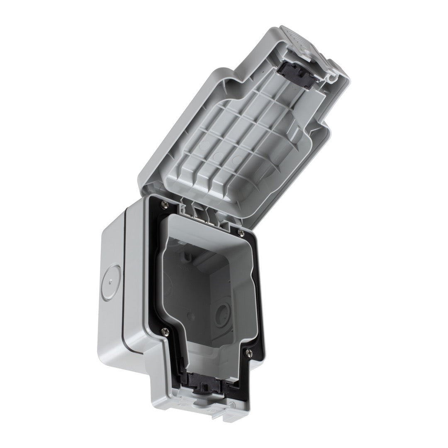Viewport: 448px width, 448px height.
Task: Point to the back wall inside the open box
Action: point(195,290)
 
